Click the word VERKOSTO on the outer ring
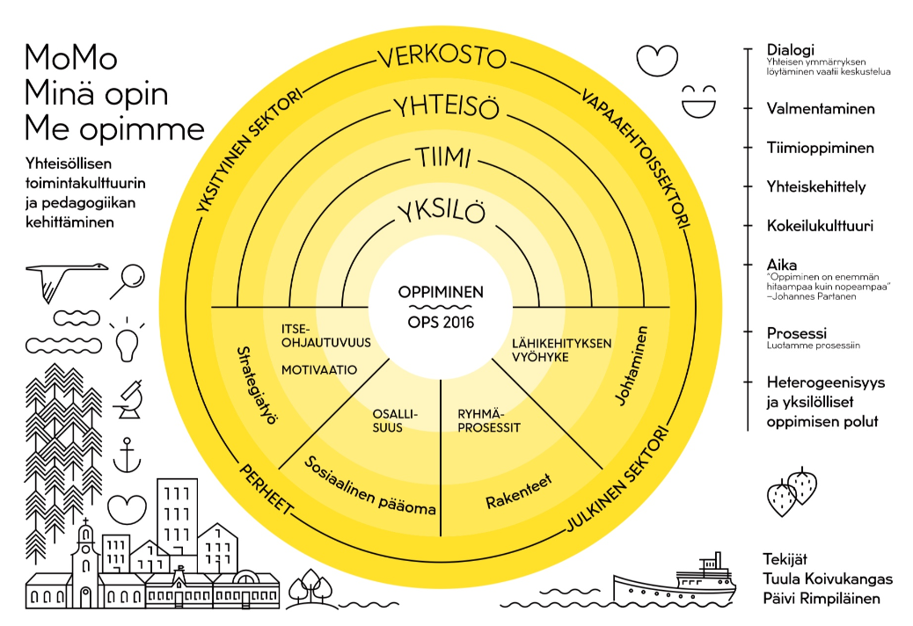(442, 58)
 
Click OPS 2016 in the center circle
(441, 322)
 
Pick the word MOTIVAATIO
(319, 370)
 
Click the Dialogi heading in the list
(791, 50)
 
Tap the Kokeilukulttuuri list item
(820, 225)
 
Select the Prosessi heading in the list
(796, 333)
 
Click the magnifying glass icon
(131, 278)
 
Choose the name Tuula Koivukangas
(828, 579)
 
